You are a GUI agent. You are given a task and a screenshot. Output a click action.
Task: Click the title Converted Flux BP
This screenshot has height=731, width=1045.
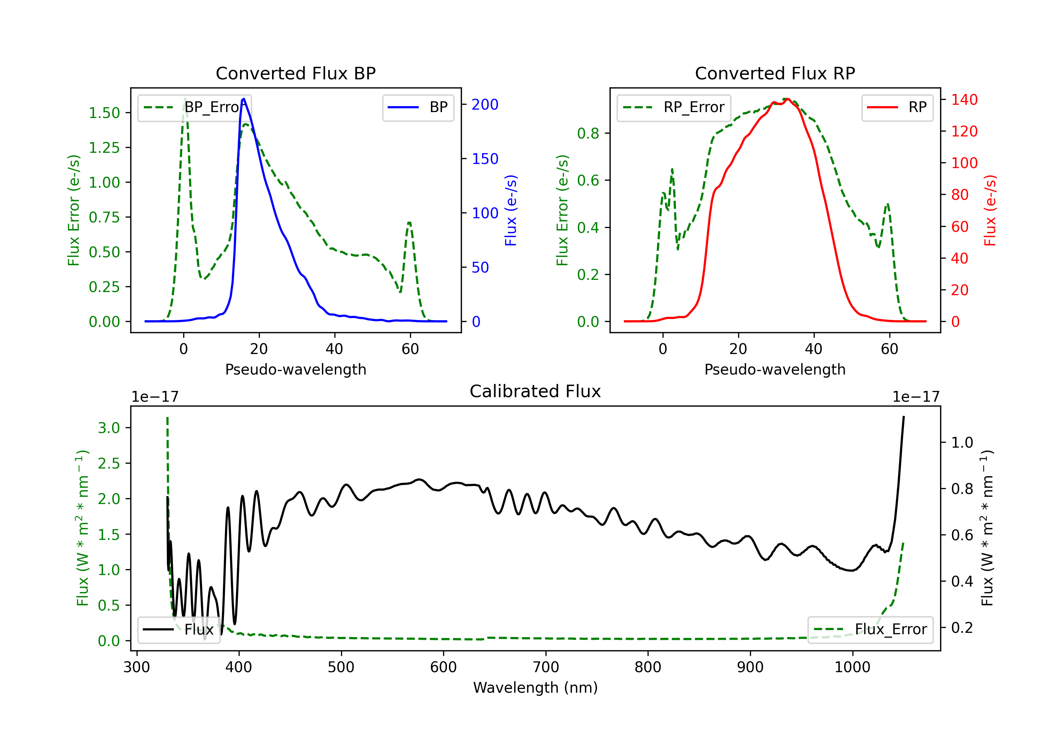click(295, 73)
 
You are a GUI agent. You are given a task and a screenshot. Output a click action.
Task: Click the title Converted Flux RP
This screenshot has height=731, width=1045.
click(775, 73)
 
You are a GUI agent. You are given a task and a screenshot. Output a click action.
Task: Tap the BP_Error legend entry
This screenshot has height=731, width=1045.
click(194, 107)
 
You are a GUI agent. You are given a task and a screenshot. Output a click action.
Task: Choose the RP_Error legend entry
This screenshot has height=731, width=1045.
click(674, 107)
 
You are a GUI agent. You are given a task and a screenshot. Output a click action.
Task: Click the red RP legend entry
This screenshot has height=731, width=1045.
click(897, 107)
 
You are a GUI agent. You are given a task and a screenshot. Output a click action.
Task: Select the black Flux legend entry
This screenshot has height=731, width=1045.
click(179, 630)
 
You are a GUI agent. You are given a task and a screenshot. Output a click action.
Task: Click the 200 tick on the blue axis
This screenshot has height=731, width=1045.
click(485, 105)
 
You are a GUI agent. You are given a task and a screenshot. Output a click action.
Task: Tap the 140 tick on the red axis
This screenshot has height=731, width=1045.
click(964, 100)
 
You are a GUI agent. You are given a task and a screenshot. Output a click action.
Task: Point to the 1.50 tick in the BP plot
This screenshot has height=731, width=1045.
click(104, 113)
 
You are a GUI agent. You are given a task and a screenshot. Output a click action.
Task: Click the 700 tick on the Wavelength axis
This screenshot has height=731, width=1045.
click(545, 667)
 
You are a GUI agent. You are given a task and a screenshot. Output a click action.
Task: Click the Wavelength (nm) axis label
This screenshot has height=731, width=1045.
click(535, 687)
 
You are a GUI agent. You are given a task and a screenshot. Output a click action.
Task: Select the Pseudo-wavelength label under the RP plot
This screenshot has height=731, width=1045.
click(775, 369)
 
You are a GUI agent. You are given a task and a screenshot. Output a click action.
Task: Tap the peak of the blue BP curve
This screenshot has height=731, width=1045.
click(244, 99)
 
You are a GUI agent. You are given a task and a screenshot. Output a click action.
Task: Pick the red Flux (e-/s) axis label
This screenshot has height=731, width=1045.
click(990, 210)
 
